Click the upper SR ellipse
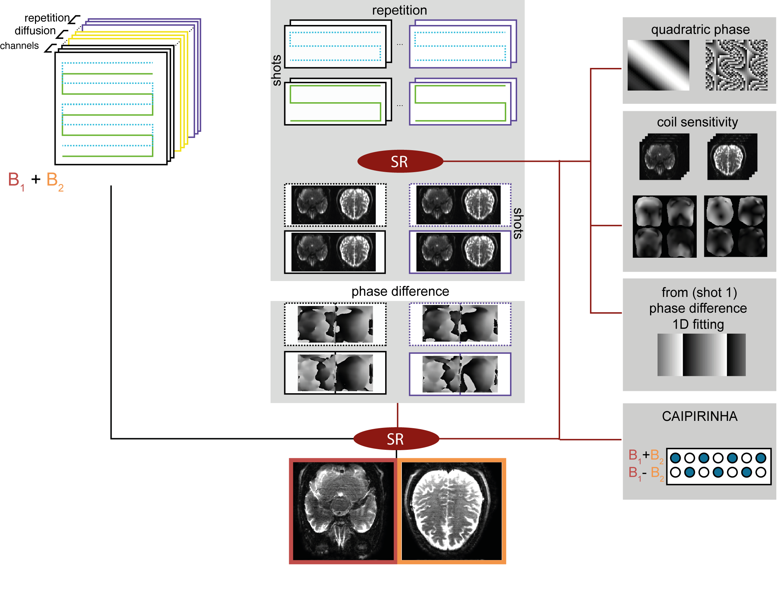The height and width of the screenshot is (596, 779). pos(400,161)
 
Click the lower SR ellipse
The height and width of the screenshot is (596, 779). pos(396,439)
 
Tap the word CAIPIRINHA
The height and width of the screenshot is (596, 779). pos(699,416)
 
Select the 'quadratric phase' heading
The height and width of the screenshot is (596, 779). pos(700,29)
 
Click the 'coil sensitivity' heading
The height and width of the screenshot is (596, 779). pos(697,122)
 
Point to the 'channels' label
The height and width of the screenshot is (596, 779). pos(19,46)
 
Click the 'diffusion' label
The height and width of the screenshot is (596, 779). pos(35,31)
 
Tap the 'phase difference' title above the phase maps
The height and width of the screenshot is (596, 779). pos(400,291)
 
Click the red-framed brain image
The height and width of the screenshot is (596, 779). pos(343,511)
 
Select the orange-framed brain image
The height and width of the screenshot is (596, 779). pos(451,511)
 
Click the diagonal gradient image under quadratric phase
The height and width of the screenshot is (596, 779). pos(658,65)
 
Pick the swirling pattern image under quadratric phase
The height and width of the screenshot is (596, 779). pos(736,65)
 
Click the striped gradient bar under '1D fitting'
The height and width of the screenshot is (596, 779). pos(701,355)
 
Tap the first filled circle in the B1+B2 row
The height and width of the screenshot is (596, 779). pos(675,458)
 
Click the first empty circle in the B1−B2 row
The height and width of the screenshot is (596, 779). pos(675,472)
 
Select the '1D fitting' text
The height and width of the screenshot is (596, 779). pos(698,324)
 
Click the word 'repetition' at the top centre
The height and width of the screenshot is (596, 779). pos(399,10)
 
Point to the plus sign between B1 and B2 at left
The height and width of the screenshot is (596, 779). pos(36,179)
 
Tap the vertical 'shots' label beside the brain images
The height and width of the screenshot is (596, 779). pos(518,223)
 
